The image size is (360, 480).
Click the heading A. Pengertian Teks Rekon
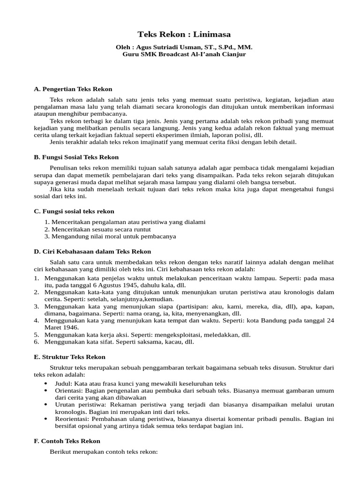click(x=73, y=89)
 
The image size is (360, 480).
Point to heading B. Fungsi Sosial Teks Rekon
click(x=76, y=157)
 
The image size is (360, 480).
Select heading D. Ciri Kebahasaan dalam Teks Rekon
click(x=92, y=252)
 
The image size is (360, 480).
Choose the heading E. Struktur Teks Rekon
click(x=69, y=357)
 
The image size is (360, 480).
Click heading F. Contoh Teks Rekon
click(x=67, y=441)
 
